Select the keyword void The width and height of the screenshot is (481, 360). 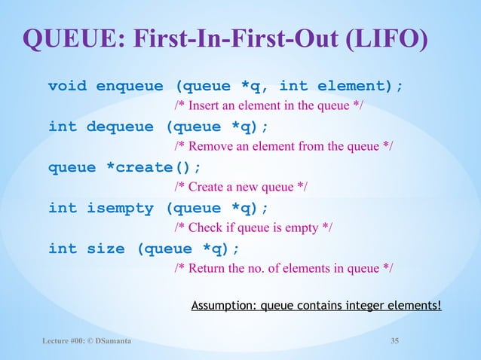coord(67,86)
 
